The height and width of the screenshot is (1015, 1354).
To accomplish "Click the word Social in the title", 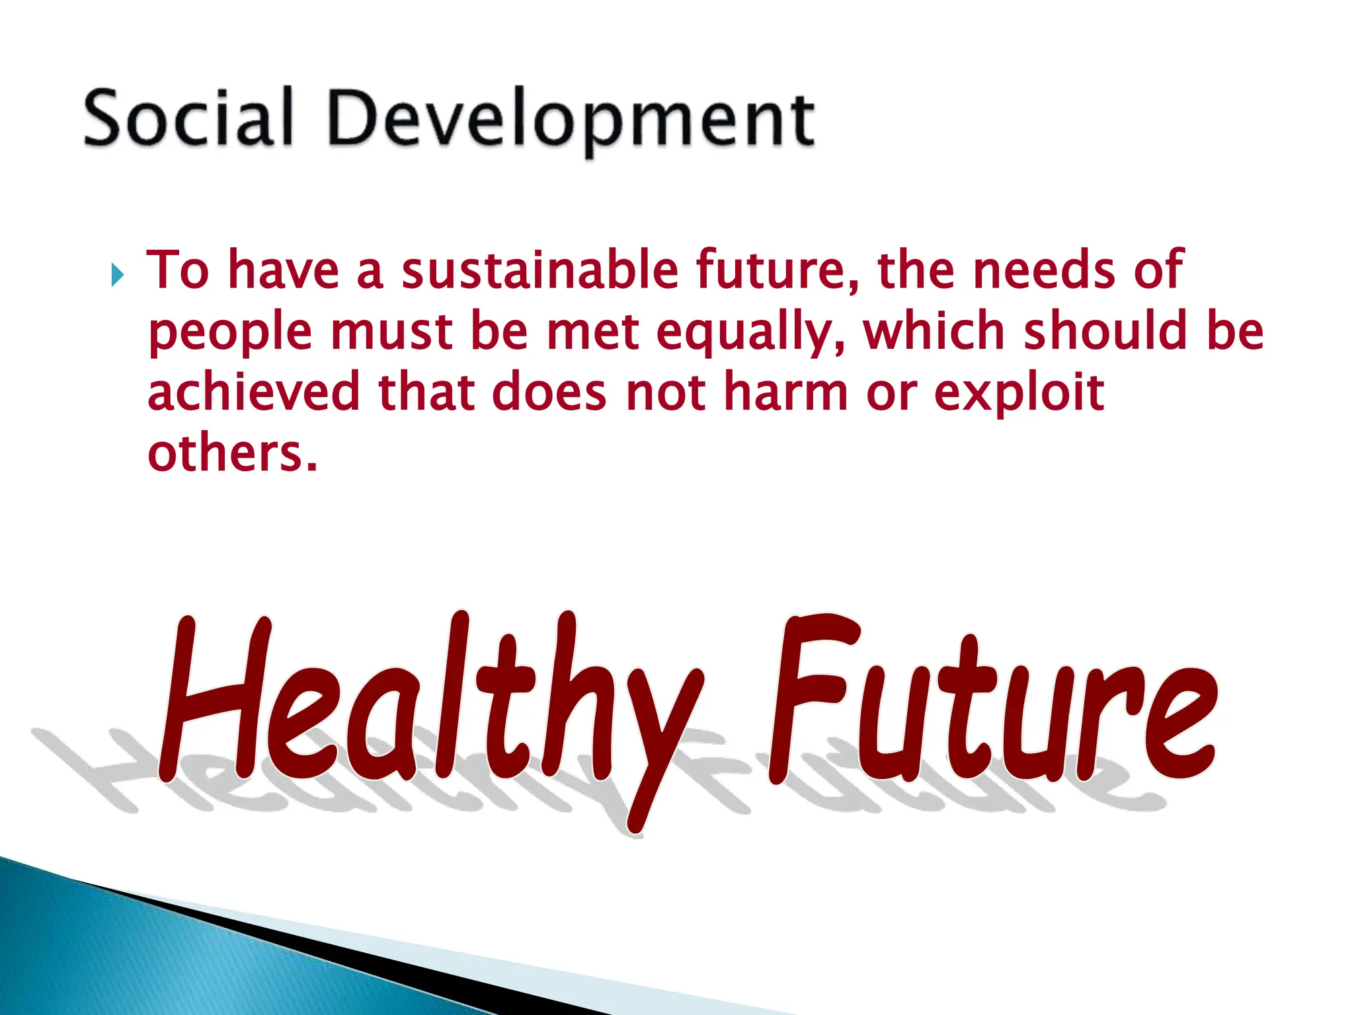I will [x=188, y=118].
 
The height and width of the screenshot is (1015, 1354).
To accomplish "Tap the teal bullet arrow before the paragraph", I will [x=118, y=274].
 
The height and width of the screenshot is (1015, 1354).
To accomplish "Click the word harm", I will [x=785, y=391].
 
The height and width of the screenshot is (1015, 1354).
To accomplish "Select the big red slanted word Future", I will [x=992, y=700].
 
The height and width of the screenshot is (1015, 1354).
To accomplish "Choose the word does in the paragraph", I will [x=549, y=391].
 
